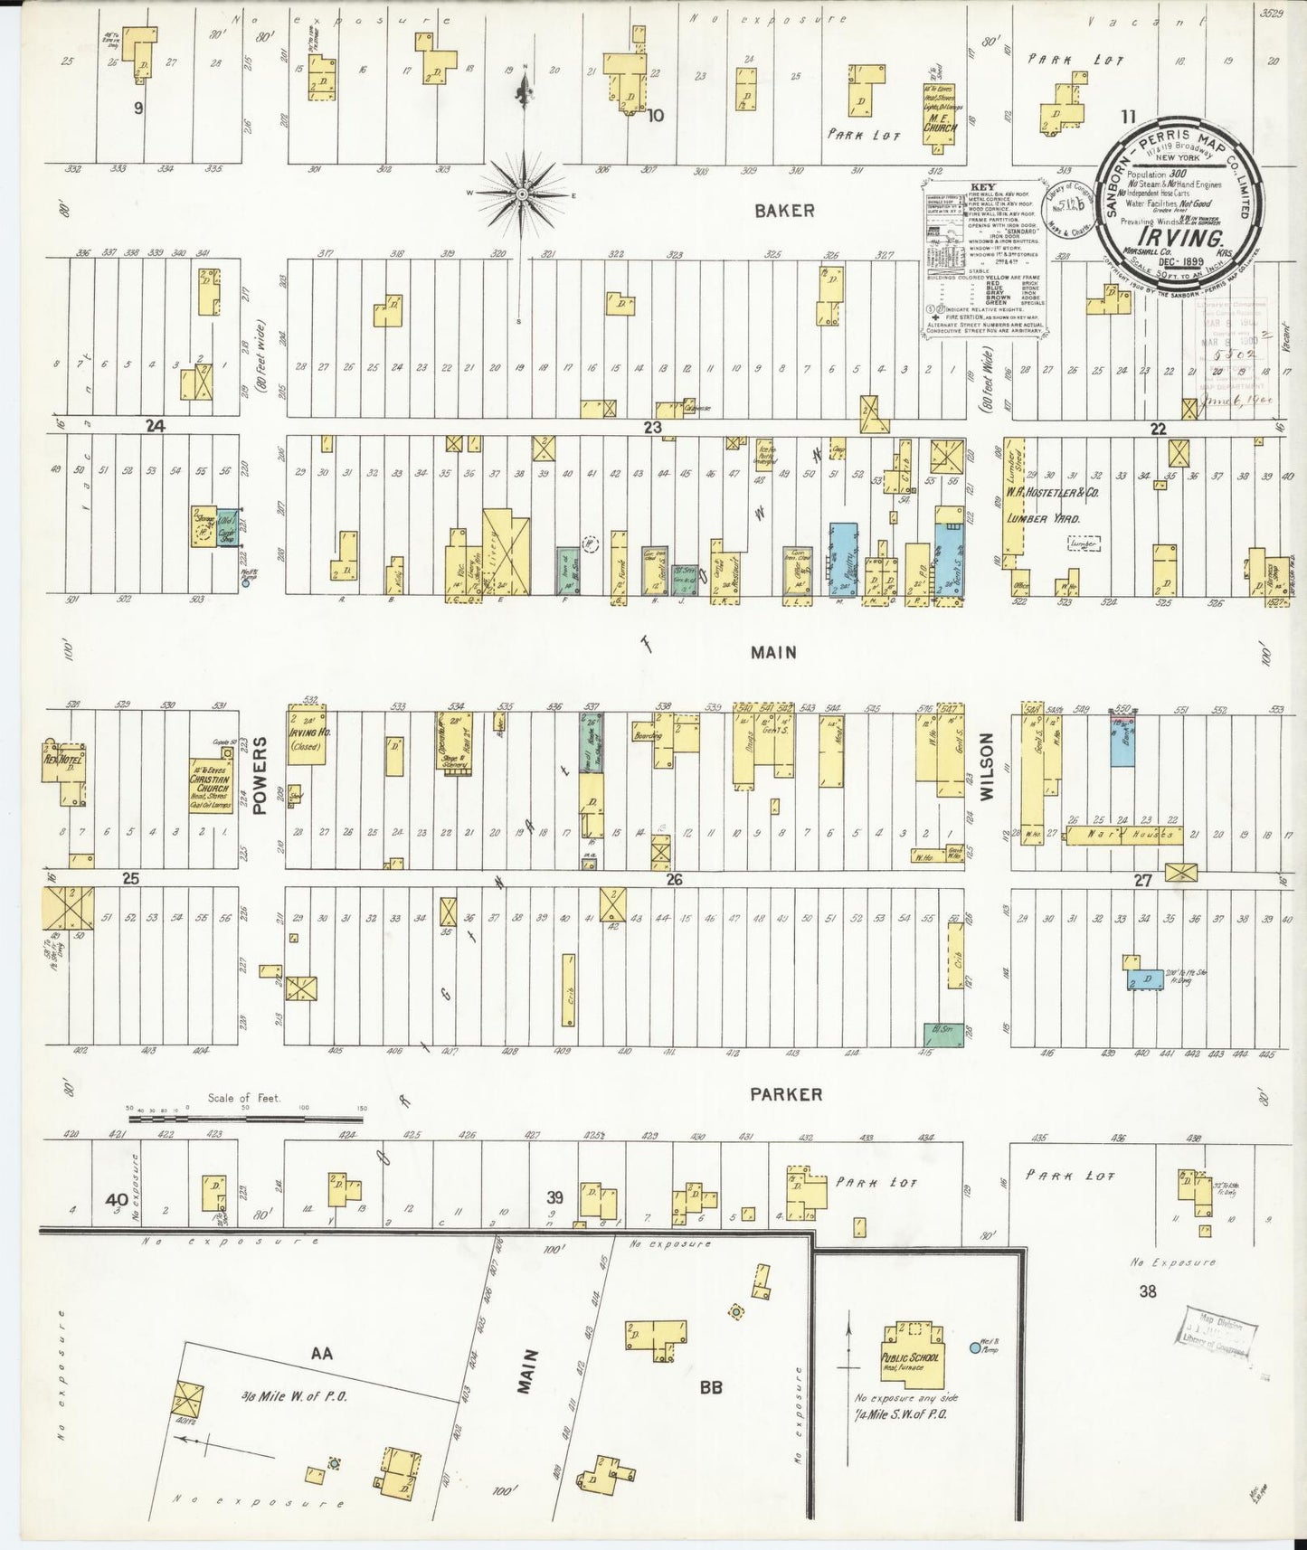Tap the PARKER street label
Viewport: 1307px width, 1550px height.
[785, 1094]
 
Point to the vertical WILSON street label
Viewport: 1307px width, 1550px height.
[987, 769]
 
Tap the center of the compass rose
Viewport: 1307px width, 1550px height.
[524, 193]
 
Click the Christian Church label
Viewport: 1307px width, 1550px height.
[212, 780]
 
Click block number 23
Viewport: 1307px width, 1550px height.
[652, 427]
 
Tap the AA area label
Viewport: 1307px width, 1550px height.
[322, 1354]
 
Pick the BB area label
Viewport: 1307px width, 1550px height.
[711, 1386]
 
